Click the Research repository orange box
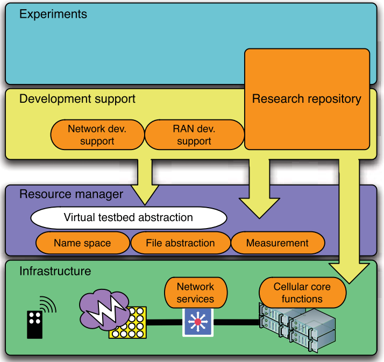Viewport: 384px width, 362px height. [307, 99]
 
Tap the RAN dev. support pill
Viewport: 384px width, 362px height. [194, 135]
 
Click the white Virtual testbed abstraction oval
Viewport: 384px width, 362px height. [128, 218]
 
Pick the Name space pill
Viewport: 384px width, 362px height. [82, 243]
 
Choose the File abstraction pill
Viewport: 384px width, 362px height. [180, 243]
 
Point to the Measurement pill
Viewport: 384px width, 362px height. [278, 243]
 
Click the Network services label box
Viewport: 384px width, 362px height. [195, 293]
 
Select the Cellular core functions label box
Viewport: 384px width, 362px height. [302, 293]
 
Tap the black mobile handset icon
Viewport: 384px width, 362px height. [35, 324]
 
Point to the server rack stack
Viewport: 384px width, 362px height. [296, 326]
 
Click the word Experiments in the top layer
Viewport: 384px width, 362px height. [53, 15]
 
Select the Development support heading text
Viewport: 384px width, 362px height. [77, 99]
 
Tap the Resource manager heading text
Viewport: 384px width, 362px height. [71, 194]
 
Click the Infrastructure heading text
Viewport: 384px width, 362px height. [55, 271]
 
